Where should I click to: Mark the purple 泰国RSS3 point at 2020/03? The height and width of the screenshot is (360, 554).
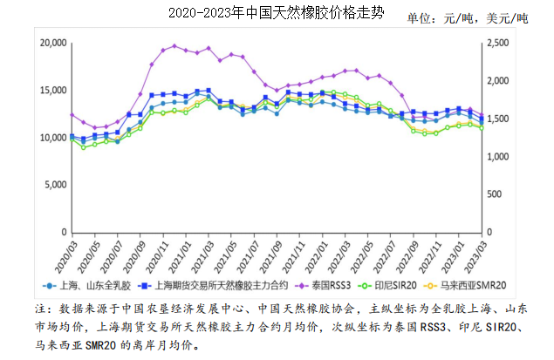[x=72, y=115]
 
